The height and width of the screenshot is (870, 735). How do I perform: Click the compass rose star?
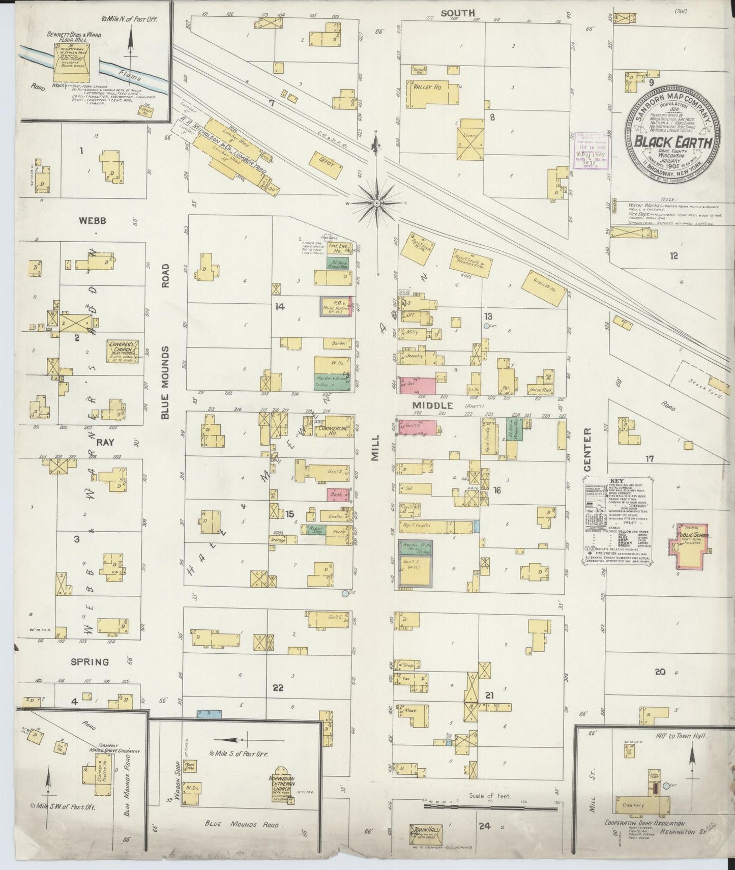[x=376, y=203]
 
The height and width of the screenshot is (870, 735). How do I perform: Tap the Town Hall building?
[x=426, y=832]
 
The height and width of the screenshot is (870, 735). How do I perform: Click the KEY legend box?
[x=619, y=520]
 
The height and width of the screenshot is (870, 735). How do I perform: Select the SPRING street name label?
[x=90, y=661]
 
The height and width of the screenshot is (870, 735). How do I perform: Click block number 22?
[x=278, y=688]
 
